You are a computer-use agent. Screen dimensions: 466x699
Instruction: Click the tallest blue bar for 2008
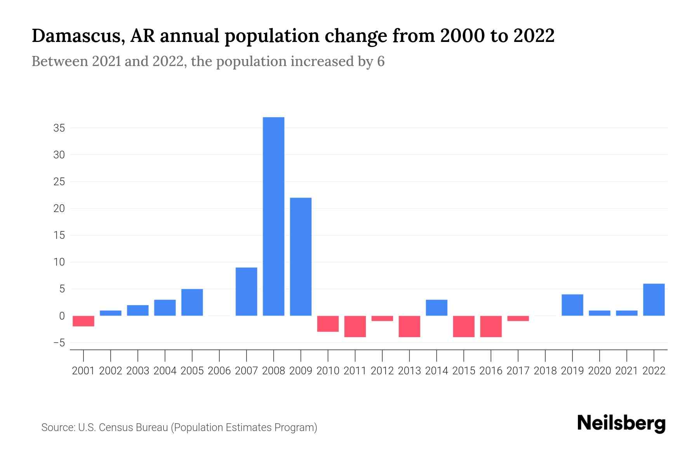tap(273, 216)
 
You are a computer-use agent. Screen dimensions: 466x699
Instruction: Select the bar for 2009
tap(301, 257)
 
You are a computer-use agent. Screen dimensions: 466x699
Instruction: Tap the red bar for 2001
tap(83, 321)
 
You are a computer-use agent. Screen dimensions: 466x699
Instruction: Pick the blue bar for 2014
tap(436, 308)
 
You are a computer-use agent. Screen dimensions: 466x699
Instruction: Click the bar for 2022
tap(654, 300)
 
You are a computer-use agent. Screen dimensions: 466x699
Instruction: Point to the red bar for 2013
tap(409, 326)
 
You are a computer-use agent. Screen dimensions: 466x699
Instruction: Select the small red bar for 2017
tap(518, 318)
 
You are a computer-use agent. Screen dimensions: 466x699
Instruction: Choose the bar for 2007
tap(246, 292)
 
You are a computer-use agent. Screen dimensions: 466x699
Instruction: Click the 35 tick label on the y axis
tap(59, 128)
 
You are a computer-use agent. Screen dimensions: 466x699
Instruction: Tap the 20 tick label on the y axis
tap(59, 209)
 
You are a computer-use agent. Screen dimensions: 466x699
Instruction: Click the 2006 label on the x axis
tap(219, 371)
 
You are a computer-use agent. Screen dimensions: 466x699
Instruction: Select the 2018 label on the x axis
tap(545, 371)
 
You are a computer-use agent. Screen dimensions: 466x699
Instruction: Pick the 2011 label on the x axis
tap(355, 371)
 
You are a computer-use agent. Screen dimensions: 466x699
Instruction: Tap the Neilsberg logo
tap(621, 423)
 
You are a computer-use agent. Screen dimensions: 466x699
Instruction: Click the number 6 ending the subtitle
tap(381, 61)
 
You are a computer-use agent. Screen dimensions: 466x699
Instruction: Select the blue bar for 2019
tap(572, 305)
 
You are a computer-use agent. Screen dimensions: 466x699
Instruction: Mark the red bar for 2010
tap(328, 324)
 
